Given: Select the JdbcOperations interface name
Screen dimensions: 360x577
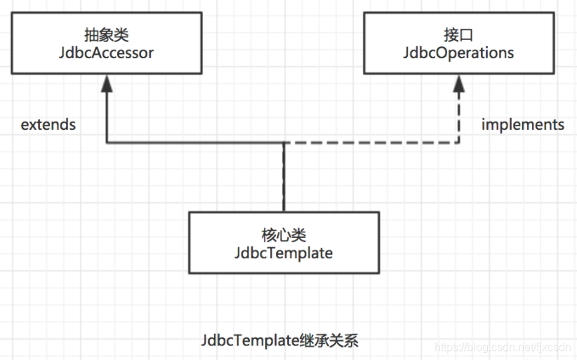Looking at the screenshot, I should pos(458,53).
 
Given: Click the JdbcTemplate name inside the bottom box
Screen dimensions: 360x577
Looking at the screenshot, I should pos(284,253).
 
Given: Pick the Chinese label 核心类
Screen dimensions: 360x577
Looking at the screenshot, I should pos(284,233).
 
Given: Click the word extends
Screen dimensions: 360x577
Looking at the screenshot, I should pos(48,125).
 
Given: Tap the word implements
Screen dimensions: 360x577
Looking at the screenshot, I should pos(522,125).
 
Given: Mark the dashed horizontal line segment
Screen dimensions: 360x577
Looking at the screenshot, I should pos(372,143).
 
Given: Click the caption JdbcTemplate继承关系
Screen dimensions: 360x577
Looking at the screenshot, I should pos(279,341).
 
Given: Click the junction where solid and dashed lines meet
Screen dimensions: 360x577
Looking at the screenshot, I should pos(284,143).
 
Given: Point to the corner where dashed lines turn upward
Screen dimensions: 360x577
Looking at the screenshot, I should pos(459,143).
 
